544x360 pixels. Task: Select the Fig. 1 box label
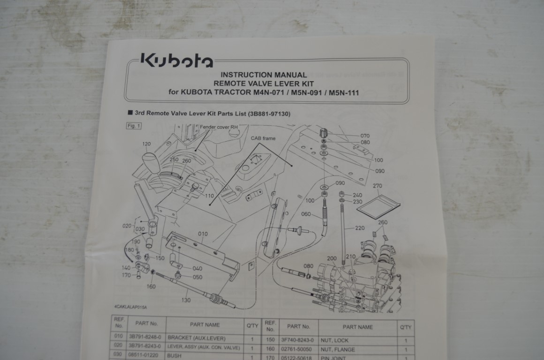click(134, 126)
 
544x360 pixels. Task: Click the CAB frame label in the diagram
click(263, 138)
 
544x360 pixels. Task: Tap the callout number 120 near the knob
click(146, 144)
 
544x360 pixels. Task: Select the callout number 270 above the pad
click(378, 186)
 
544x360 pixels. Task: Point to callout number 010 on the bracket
click(203, 233)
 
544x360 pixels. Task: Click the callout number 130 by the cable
click(186, 300)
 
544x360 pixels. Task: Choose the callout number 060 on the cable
click(306, 214)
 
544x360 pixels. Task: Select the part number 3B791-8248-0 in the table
click(143, 337)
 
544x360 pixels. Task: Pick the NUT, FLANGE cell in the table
click(337, 349)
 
